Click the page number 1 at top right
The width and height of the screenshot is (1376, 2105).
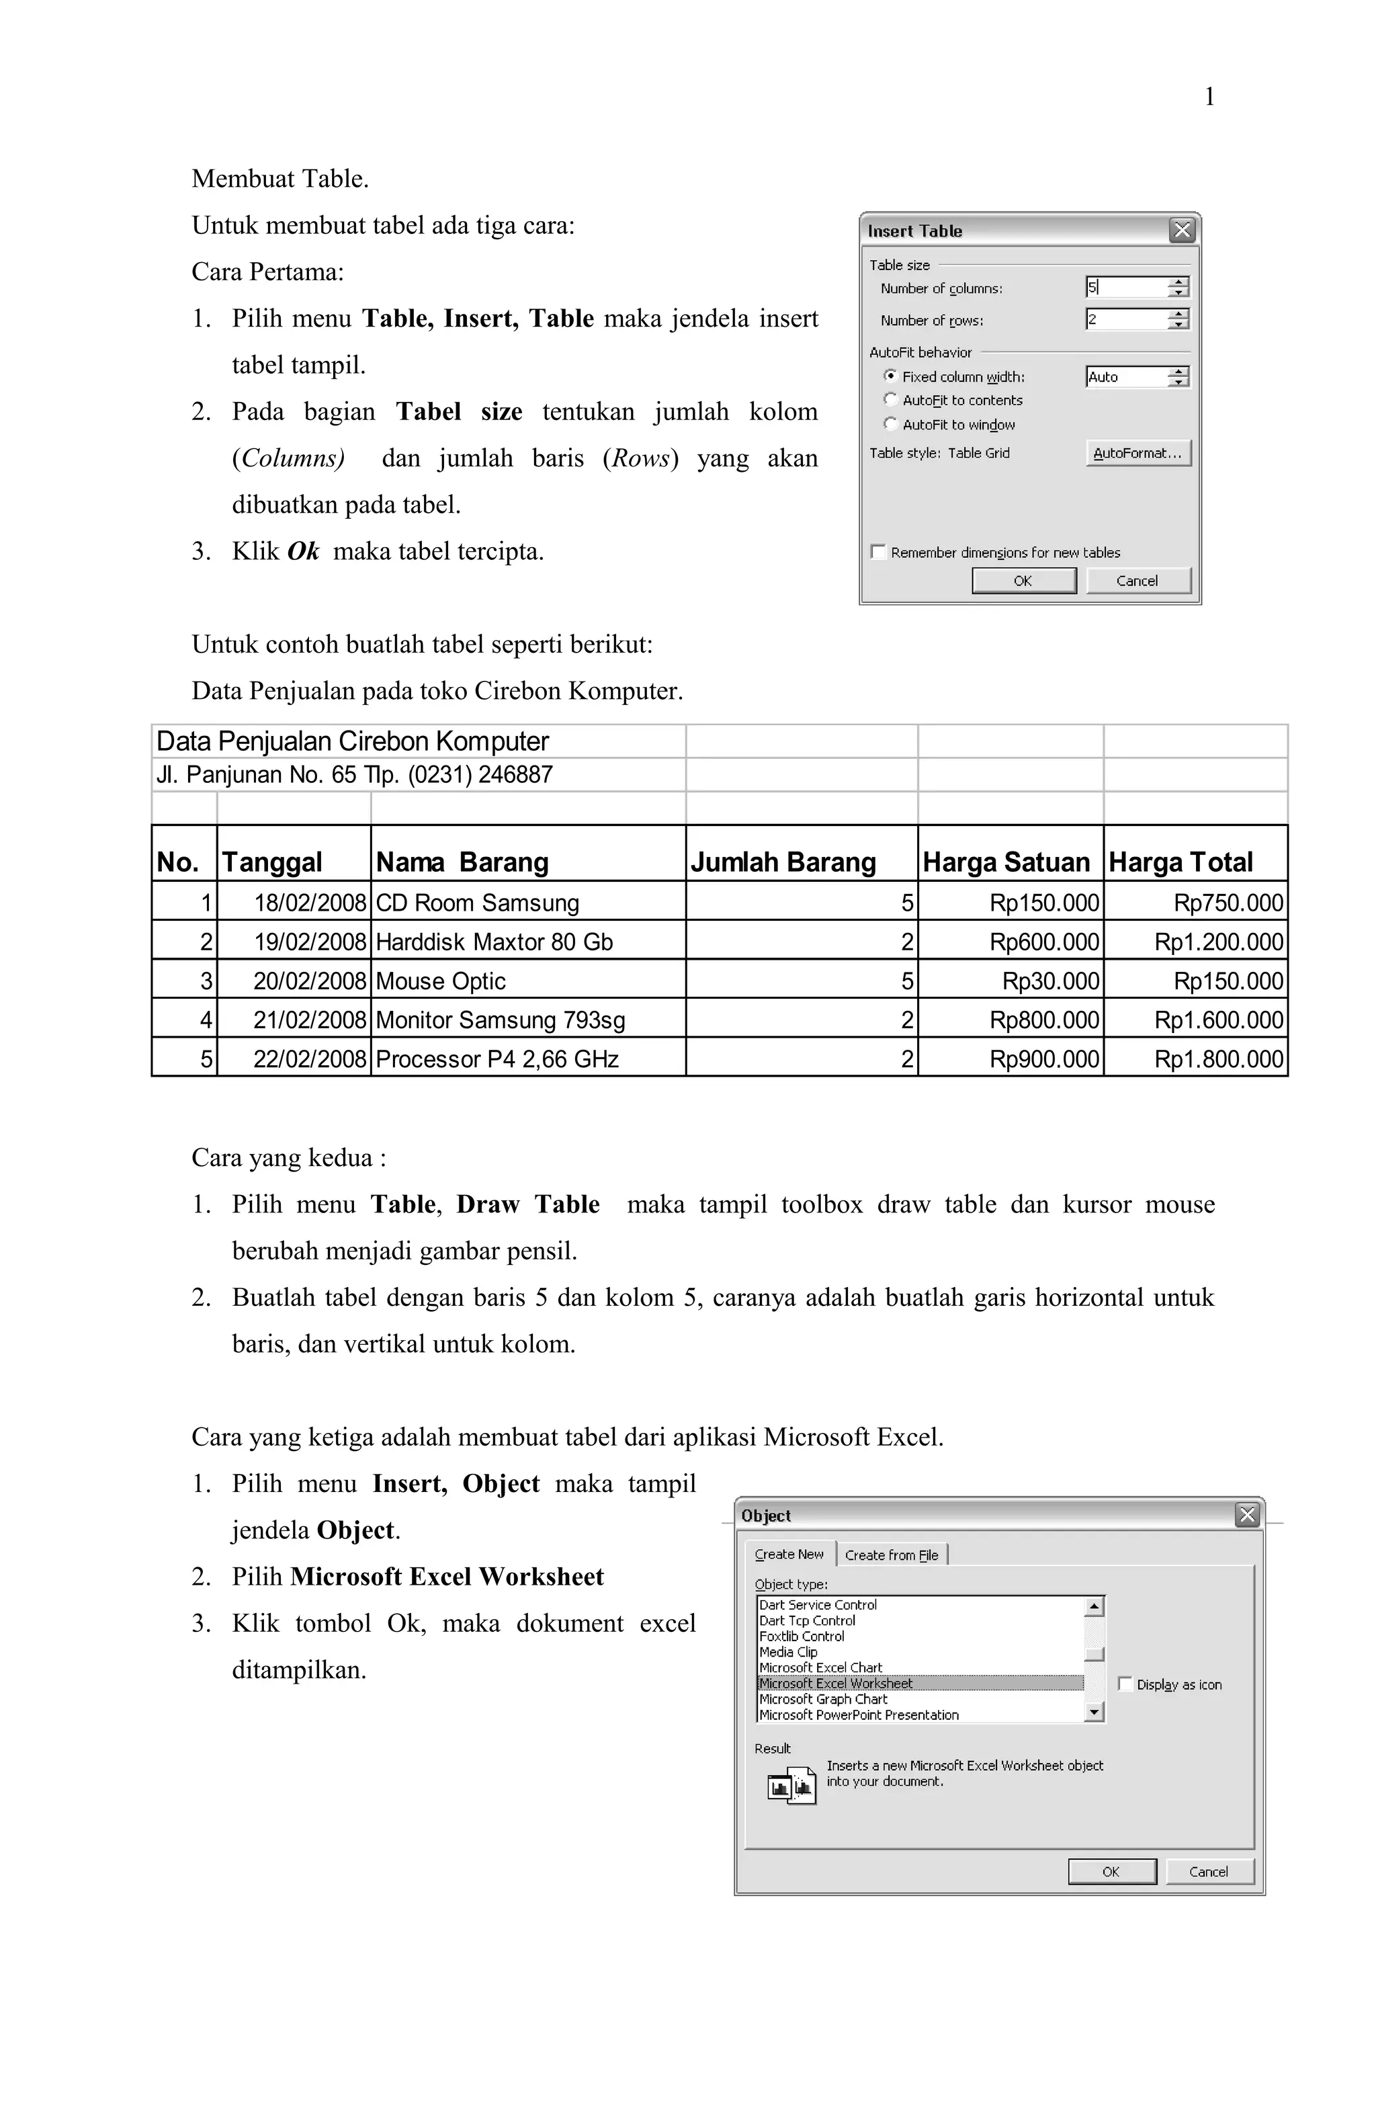tap(1209, 97)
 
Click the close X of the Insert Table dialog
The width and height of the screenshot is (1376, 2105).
tap(1181, 231)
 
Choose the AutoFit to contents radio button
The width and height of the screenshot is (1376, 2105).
tap(890, 400)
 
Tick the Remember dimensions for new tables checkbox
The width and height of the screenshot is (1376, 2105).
tap(878, 552)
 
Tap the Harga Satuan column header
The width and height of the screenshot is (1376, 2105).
tap(1006, 862)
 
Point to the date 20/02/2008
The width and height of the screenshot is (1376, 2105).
tap(310, 980)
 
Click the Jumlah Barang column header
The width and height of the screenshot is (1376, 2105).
tap(783, 862)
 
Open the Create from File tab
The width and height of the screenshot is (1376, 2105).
tap(892, 1555)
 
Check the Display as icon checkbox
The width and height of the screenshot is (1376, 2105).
tap(1125, 1684)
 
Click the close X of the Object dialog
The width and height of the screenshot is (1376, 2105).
tap(1247, 1515)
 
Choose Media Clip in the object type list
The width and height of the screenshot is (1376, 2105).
tap(788, 1651)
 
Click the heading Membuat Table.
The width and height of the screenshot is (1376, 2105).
tap(279, 179)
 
